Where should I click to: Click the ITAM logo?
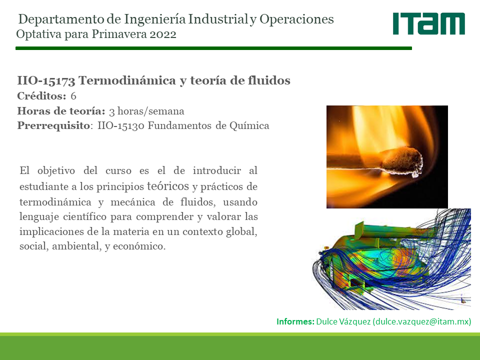429,23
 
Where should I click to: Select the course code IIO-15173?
46,81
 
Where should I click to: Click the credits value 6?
73,96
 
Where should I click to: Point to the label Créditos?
41,96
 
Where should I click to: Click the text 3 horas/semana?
146,111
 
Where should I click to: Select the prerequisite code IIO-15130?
121,125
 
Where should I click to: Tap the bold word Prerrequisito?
53,125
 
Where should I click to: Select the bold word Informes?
295,321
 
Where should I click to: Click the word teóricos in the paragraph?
168,186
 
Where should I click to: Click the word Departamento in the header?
61,19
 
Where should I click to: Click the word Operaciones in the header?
296,19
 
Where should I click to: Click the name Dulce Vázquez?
343,321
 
